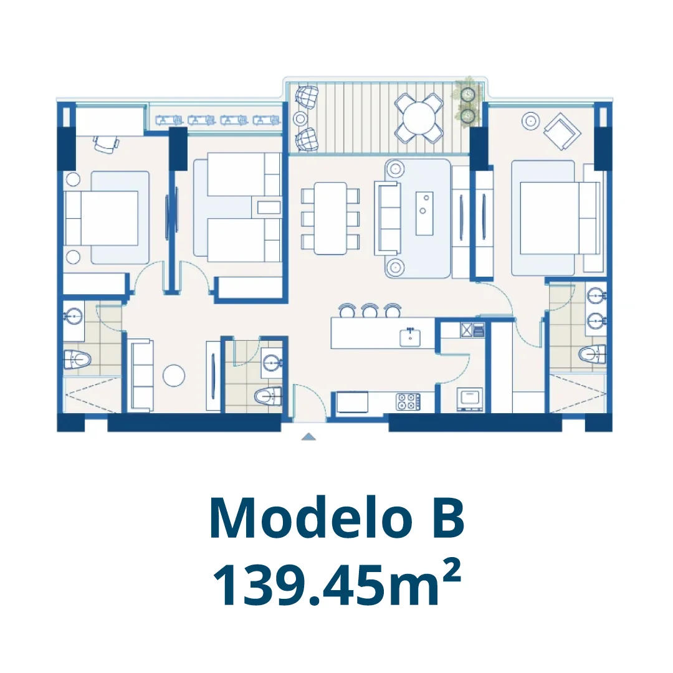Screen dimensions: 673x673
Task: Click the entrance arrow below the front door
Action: point(308,437)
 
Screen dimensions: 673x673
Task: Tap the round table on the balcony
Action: point(419,118)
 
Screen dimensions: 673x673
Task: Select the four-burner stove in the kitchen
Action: point(408,401)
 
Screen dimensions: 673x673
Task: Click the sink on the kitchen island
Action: point(410,337)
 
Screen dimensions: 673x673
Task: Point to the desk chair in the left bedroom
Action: point(105,144)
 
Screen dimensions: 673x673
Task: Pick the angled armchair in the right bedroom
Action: point(562,131)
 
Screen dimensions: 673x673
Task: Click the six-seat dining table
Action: point(330,218)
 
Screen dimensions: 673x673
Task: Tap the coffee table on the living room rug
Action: point(424,213)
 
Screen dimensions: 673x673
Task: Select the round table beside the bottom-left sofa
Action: point(174,376)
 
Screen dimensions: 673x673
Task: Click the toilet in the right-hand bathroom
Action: point(592,355)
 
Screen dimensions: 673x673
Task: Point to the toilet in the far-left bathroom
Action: point(77,359)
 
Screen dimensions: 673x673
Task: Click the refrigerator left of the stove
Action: point(352,402)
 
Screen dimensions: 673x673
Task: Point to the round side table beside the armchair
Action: point(530,121)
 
